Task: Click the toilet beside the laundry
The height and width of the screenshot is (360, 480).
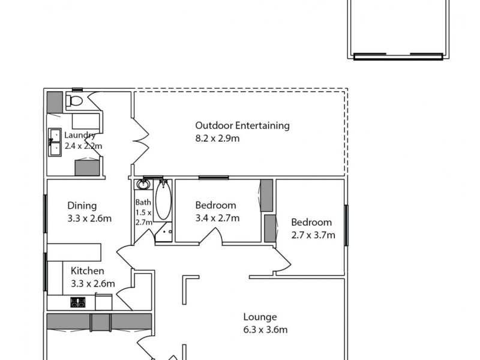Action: [x=74, y=100]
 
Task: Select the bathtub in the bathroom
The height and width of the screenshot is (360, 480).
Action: [x=163, y=200]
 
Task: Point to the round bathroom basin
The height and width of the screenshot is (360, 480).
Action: [x=143, y=185]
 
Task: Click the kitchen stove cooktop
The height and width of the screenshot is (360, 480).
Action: [x=78, y=302]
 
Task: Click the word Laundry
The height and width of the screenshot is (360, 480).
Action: [x=80, y=135]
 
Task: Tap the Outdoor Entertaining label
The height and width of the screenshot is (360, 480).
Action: [x=242, y=125]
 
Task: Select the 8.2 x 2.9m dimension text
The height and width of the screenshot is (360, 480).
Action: [x=218, y=139]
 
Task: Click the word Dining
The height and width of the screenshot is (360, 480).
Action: [x=82, y=205]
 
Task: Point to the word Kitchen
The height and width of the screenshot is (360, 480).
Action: [x=87, y=271]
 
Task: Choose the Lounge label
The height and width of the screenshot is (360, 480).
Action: [x=260, y=317]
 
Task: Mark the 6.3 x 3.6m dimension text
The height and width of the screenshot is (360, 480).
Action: [x=265, y=329]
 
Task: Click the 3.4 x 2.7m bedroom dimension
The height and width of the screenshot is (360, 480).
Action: [x=217, y=218]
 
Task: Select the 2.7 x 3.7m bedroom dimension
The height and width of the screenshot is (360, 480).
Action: [x=313, y=235]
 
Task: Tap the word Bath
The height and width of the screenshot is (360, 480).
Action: [x=143, y=203]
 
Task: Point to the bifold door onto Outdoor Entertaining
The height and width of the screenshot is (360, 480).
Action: [x=140, y=141]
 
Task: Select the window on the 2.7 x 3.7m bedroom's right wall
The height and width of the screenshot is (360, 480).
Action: [x=346, y=225]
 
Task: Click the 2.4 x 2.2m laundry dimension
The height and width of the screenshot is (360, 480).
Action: [x=83, y=146]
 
